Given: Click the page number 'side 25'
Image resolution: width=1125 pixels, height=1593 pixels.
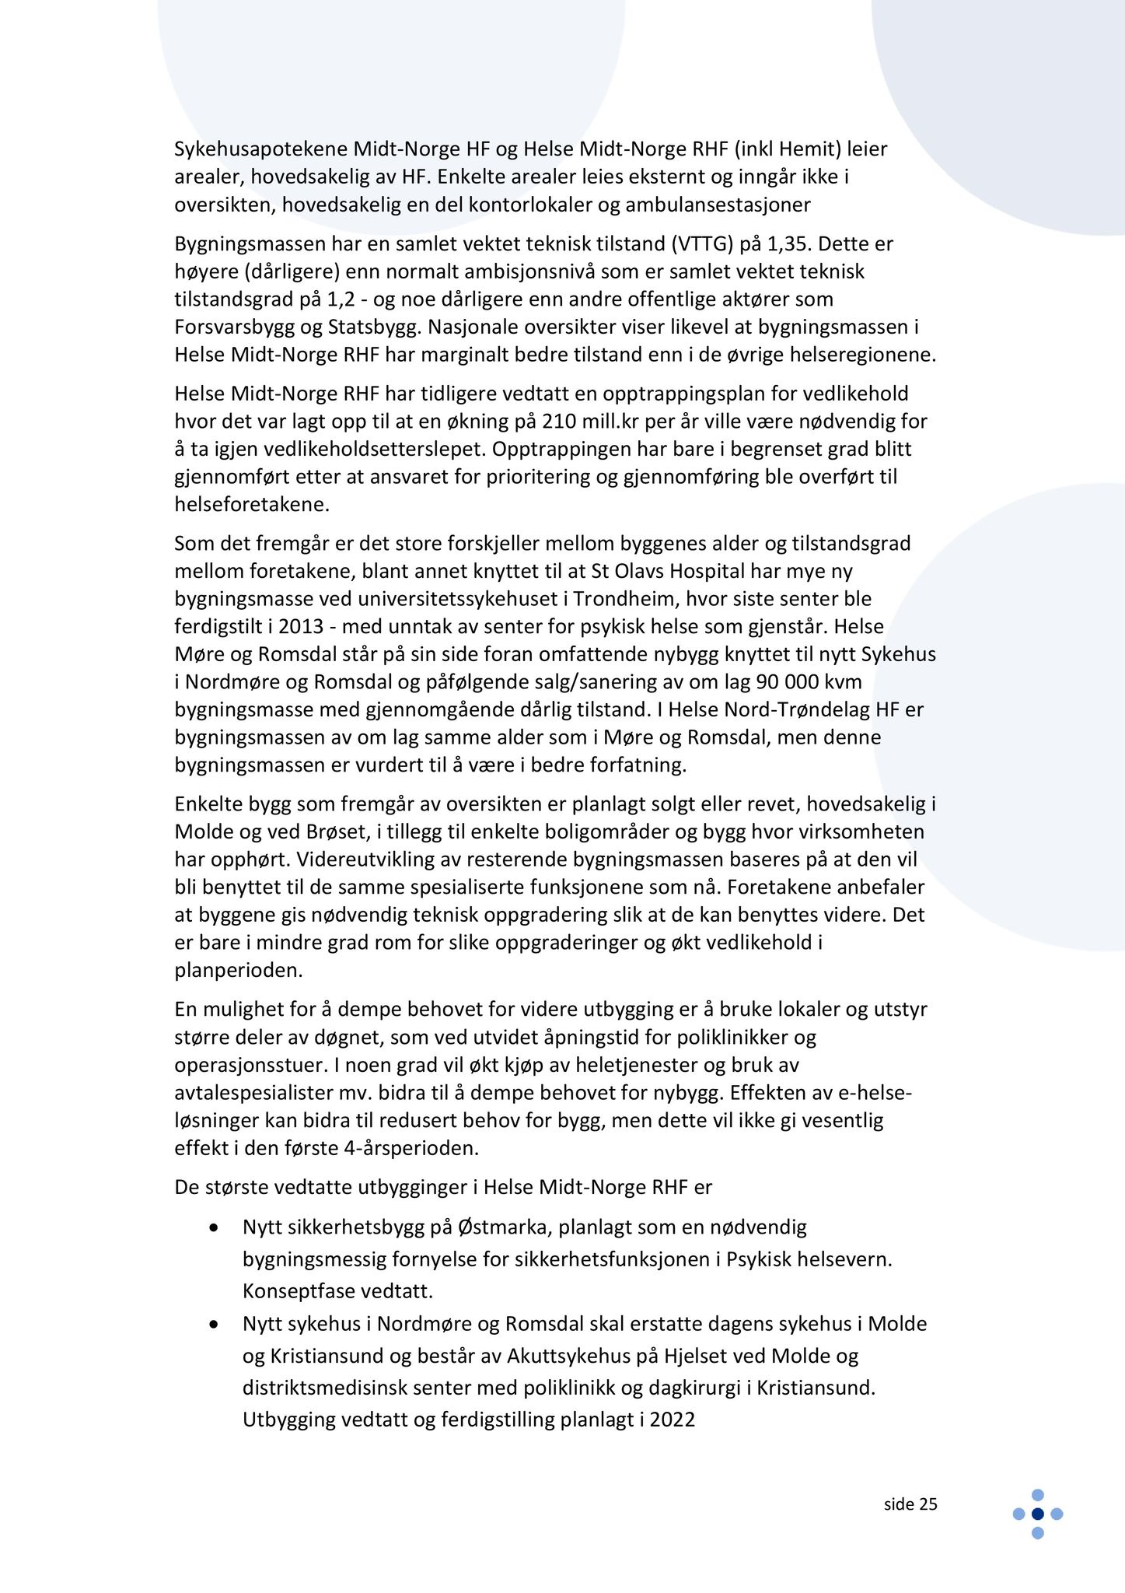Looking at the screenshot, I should (910, 1504).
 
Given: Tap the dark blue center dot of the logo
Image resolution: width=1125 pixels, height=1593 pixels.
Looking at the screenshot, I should (1037, 1513).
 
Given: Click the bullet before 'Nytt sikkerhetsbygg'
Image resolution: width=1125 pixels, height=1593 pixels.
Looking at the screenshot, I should (214, 1228).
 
